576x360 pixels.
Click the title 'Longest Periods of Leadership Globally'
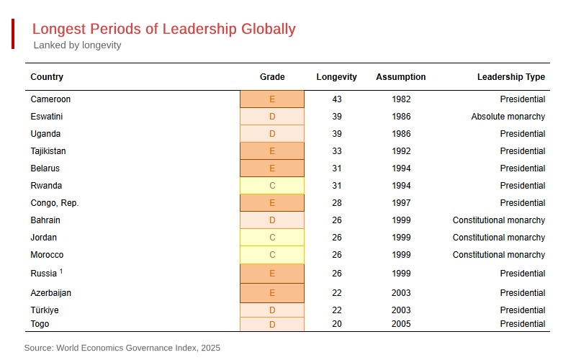coord(163,30)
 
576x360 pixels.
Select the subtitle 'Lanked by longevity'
coord(77,45)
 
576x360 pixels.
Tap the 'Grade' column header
coord(272,77)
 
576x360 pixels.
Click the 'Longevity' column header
coord(336,77)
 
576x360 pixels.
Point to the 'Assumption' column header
coord(400,77)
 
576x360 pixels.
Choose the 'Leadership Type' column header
coord(510,77)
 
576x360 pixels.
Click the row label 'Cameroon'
coord(50,99)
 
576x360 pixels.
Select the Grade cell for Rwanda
coord(272,186)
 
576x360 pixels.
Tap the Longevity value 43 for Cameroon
coord(337,99)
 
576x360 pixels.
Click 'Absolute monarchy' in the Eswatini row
coord(508,117)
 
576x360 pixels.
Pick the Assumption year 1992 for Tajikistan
coord(401,151)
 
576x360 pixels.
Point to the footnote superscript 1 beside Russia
coord(61,271)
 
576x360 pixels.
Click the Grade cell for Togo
coord(272,324)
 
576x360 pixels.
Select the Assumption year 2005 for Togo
coord(401,324)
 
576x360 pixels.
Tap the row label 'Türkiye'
coord(45,310)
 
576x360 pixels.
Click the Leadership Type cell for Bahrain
coord(498,220)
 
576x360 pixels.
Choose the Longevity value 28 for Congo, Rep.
coord(337,203)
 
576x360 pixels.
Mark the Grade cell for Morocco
coord(272,255)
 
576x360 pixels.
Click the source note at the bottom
coord(122,348)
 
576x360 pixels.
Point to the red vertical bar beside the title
coord(13,35)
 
